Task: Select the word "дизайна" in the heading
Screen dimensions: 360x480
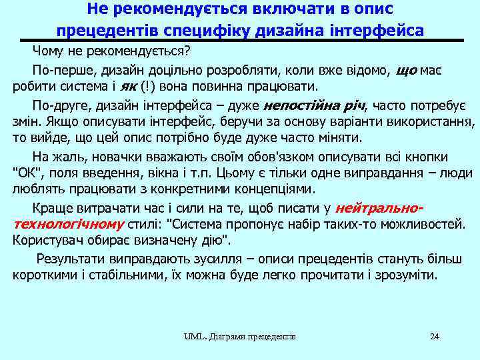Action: click(x=315, y=31)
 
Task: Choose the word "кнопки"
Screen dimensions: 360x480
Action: click(x=427, y=157)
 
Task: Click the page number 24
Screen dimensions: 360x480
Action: click(x=435, y=336)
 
